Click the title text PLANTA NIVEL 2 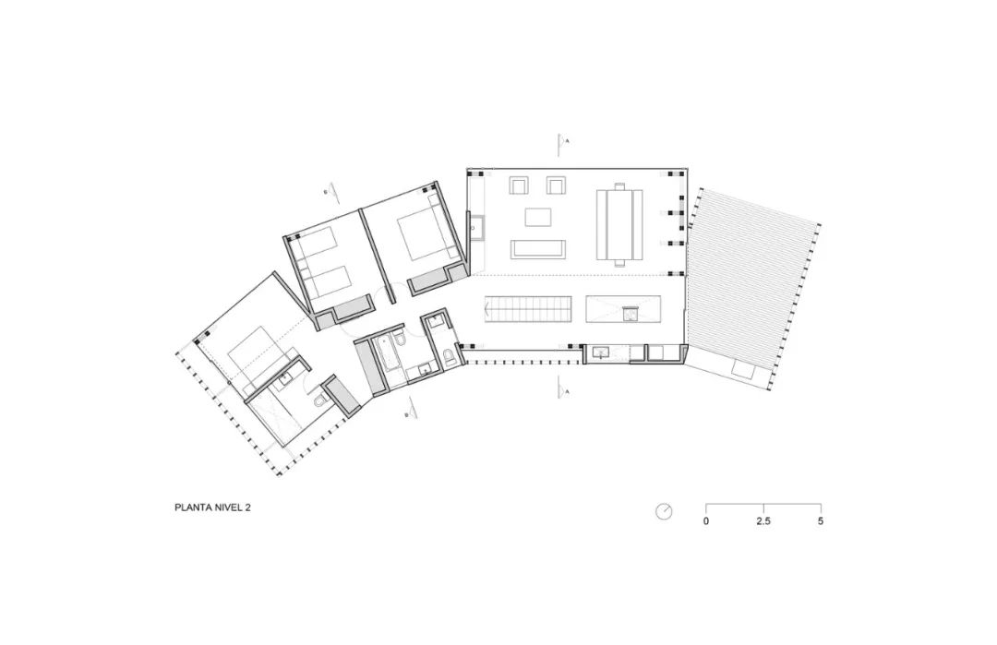(212, 507)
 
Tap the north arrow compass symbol (664, 511)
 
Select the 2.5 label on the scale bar (763, 521)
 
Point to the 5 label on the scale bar (821, 521)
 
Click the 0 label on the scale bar (706, 521)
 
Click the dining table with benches (619, 223)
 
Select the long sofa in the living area (536, 249)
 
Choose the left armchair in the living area (517, 186)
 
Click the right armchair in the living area (556, 185)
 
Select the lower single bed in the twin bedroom (330, 278)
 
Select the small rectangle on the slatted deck (742, 370)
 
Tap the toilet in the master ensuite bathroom (318, 400)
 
